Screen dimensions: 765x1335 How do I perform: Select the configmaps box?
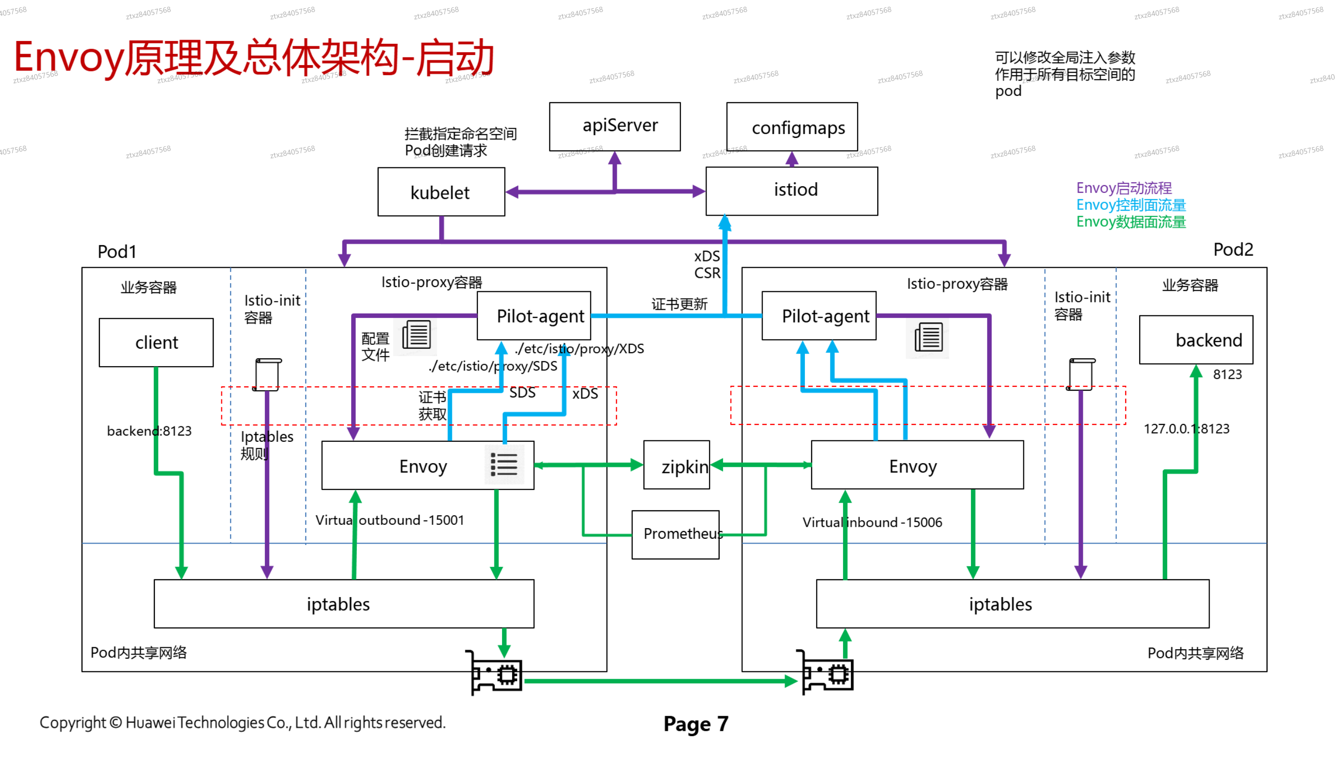coord(791,127)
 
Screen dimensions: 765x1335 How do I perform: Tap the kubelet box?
coord(441,192)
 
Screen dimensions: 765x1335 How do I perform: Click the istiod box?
coord(791,191)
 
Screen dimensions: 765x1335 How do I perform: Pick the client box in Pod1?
coord(156,342)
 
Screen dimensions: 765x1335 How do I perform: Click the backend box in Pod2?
coord(1195,340)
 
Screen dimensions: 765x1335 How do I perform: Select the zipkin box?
coord(676,465)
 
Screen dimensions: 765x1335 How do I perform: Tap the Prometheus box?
coord(675,534)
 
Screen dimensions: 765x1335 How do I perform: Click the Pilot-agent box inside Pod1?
coord(534,316)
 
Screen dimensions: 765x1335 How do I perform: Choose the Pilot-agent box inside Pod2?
coord(818,316)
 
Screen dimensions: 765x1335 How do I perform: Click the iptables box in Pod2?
coord(1012,604)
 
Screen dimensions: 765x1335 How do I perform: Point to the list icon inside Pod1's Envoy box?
coord(504,464)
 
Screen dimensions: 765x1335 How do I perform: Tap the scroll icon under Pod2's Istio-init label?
coord(1080,374)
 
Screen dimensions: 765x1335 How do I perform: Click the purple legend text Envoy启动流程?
coord(1123,188)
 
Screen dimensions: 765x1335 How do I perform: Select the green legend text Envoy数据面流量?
coord(1130,222)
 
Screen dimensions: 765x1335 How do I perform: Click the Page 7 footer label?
coord(695,724)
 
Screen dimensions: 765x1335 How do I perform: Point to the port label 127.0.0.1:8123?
coord(1186,429)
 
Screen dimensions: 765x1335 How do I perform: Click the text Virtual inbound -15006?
coord(872,522)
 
